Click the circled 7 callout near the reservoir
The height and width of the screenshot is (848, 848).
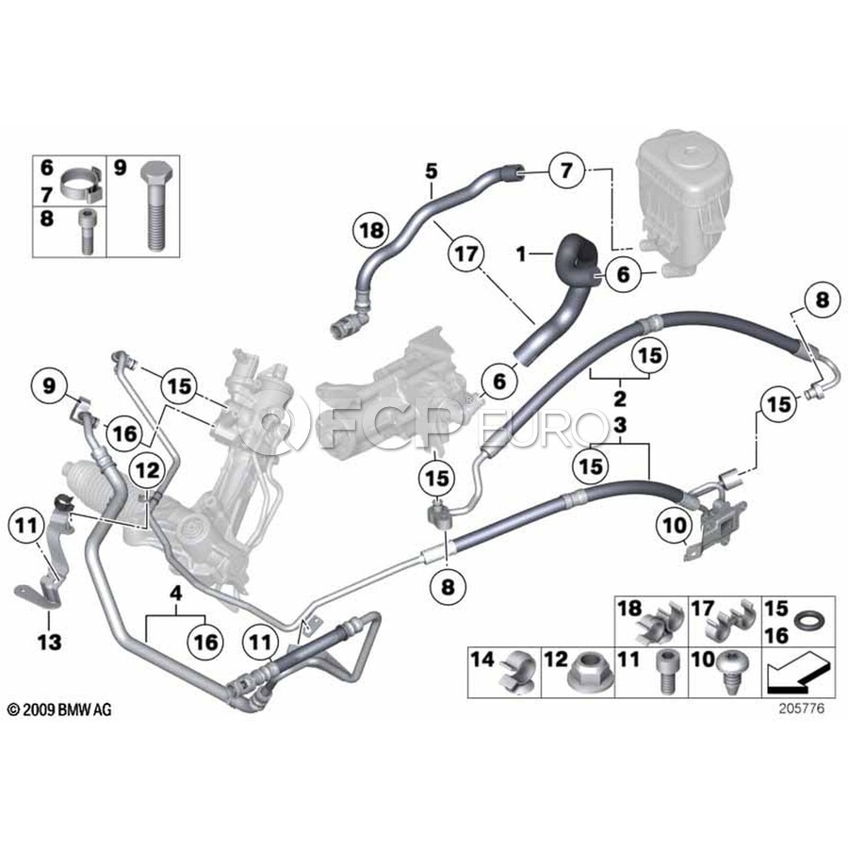pos(565,171)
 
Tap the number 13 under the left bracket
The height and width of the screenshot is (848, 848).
pos(49,643)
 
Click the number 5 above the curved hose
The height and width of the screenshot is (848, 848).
pos(431,171)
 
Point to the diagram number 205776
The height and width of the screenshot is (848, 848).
pos(800,709)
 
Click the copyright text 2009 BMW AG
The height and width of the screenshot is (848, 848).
pos(58,709)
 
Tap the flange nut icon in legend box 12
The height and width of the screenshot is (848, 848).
pos(587,671)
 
